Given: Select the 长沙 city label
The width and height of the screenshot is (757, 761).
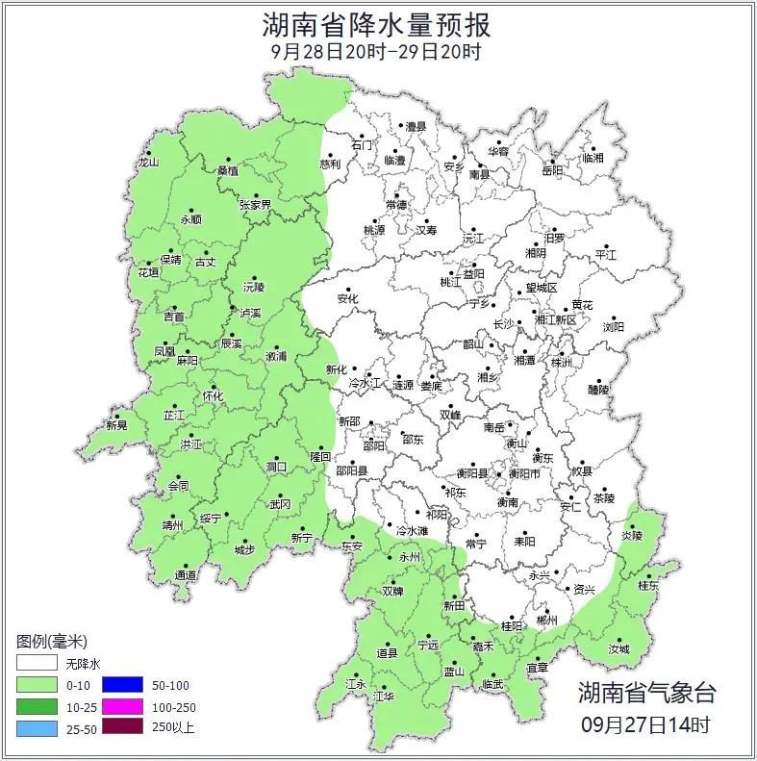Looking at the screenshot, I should point(503,324).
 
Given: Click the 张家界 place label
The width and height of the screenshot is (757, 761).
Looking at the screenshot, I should point(255,205).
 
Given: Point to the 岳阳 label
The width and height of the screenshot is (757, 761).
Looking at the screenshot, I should point(552,170).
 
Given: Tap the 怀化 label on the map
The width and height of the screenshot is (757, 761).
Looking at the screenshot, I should point(213,396).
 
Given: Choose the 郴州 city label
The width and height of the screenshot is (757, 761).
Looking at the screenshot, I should point(546,621).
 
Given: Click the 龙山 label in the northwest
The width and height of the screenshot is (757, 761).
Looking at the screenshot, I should point(148,163).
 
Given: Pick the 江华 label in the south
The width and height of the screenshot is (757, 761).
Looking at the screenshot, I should point(384,696).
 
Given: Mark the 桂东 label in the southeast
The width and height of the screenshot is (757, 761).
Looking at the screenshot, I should point(648,585).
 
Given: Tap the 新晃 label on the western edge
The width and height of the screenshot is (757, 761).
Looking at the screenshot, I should point(116,425).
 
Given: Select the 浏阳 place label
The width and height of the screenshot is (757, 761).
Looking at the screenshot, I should point(613,327).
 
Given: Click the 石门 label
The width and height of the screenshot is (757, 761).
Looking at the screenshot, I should point(362,144).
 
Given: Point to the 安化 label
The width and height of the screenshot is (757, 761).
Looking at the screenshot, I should point(347,299).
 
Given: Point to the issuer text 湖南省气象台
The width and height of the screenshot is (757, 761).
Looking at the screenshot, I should point(646,692).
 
